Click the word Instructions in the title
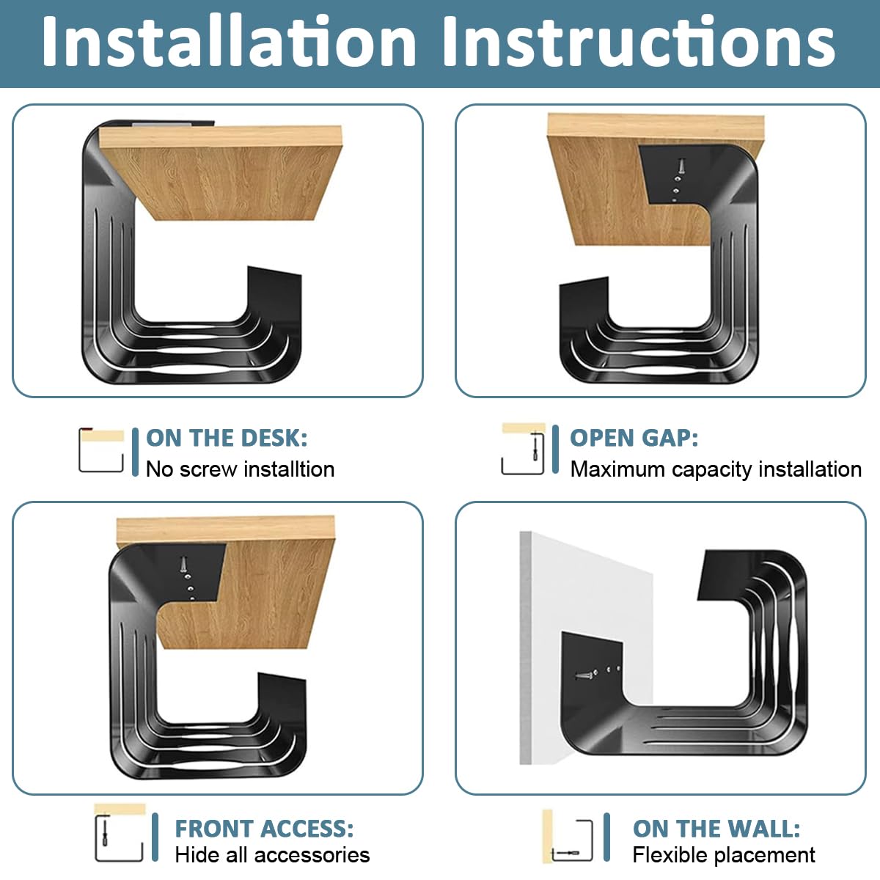(x=638, y=42)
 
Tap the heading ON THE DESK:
(x=227, y=438)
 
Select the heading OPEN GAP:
(x=634, y=438)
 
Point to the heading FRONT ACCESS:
(x=264, y=829)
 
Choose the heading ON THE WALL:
(x=716, y=829)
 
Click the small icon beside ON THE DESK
(x=101, y=450)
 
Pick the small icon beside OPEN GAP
(x=524, y=450)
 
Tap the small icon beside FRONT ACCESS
(x=120, y=833)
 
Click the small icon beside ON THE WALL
(x=568, y=837)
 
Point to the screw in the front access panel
(x=184, y=565)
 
